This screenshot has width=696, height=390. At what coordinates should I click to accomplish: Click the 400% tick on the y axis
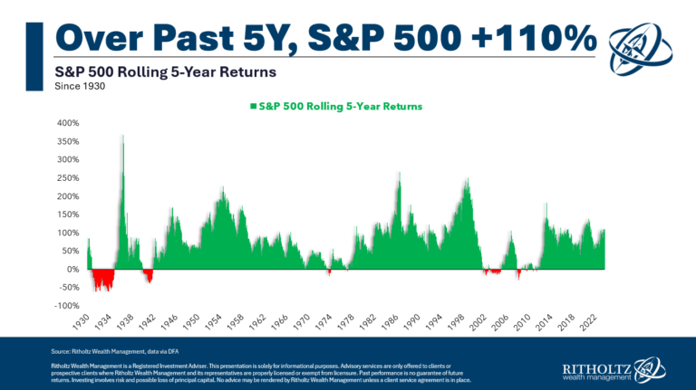pyautogui.click(x=69, y=122)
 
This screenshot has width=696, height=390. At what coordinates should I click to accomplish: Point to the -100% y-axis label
pyautogui.click(x=67, y=306)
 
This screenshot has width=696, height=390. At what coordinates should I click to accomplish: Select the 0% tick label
pyautogui.click(x=74, y=269)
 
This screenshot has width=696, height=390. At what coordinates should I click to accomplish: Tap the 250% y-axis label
pyautogui.click(x=69, y=177)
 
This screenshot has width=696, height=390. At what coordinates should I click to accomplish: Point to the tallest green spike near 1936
pyautogui.click(x=122, y=138)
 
